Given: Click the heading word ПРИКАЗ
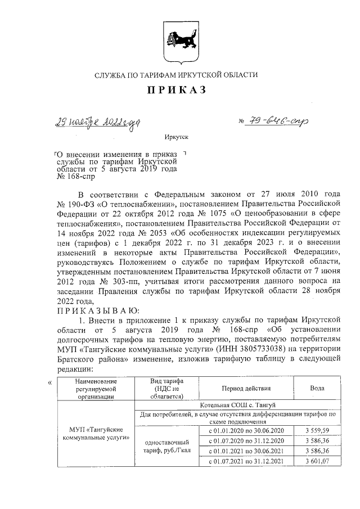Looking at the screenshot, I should click(177, 90).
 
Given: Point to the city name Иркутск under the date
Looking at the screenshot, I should click(177, 137).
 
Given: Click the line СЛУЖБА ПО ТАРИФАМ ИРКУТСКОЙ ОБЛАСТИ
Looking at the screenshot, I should click(177, 75).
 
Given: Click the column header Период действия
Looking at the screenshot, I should click(246, 388).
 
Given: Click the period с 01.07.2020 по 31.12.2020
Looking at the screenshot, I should click(246, 441).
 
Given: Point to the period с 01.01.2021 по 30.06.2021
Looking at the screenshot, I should click(246, 451).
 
